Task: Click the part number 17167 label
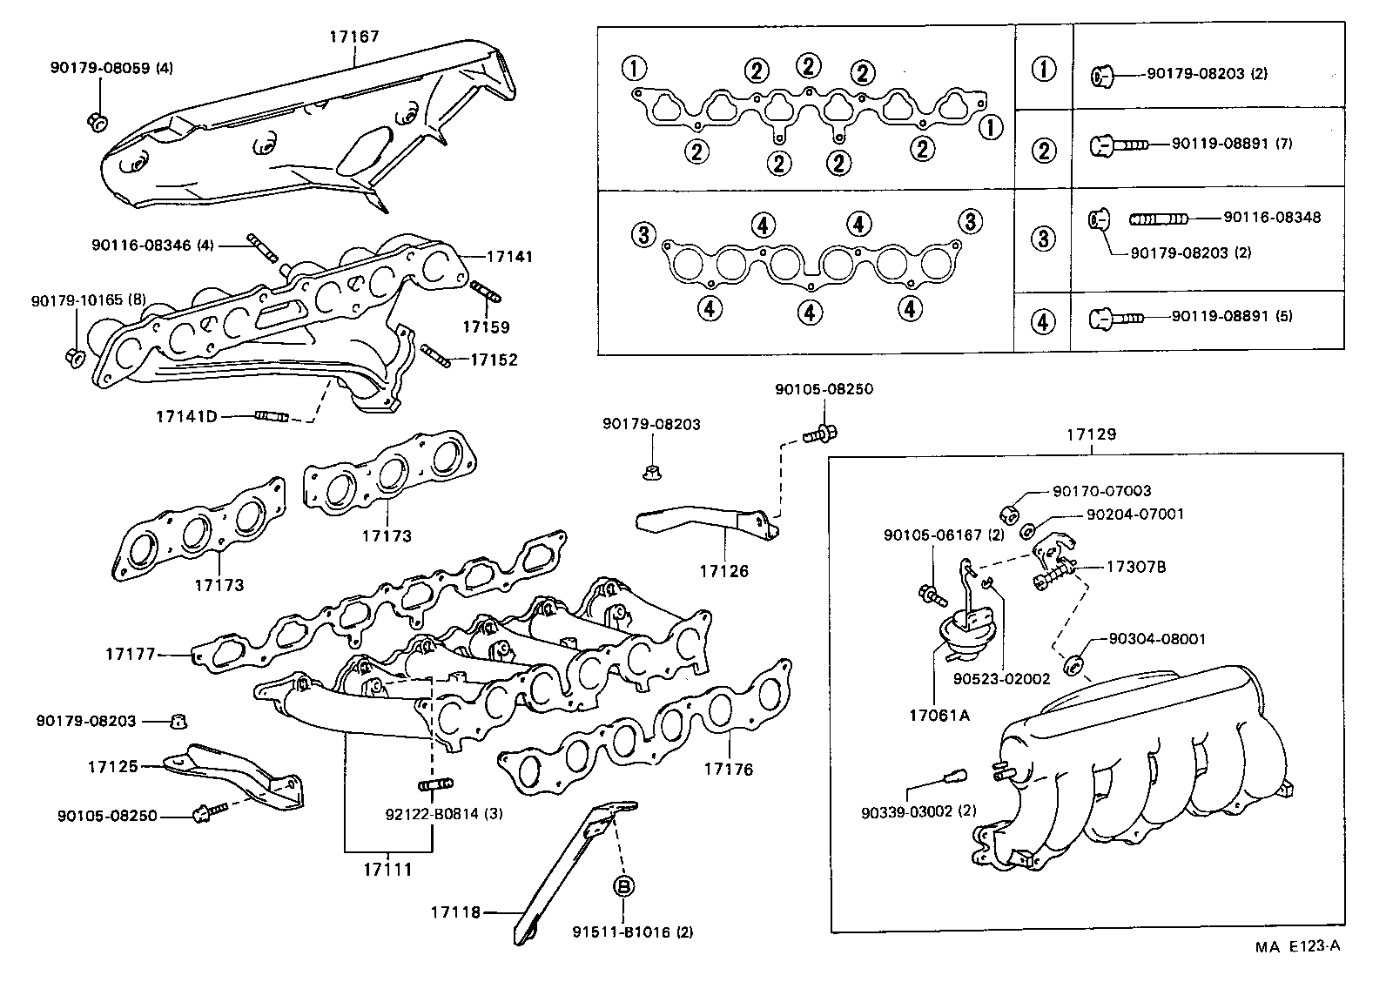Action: coord(354,37)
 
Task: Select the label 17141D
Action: coord(186,416)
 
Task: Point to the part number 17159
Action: coord(486,327)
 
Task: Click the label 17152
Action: coord(494,360)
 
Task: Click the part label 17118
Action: coord(454,912)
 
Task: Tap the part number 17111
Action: coord(387,869)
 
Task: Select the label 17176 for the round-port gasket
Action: coord(729,770)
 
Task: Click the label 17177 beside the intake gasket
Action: coord(131,653)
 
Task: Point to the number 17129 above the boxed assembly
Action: coord(1092,434)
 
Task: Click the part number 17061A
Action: coord(939,716)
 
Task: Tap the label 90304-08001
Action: coord(1157,639)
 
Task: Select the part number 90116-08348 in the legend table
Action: coord(1272,218)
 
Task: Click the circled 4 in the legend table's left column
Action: coord(1043,322)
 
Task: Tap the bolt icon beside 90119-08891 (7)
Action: coord(1119,144)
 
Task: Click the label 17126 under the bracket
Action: coord(723,571)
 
